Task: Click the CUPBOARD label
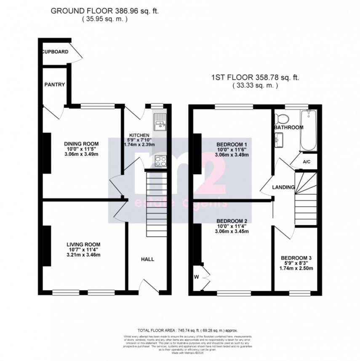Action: (55, 52)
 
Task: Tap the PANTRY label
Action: (55, 85)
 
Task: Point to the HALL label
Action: (147, 259)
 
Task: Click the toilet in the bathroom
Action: (282, 117)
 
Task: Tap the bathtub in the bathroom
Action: (308, 130)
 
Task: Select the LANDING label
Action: (283, 187)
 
